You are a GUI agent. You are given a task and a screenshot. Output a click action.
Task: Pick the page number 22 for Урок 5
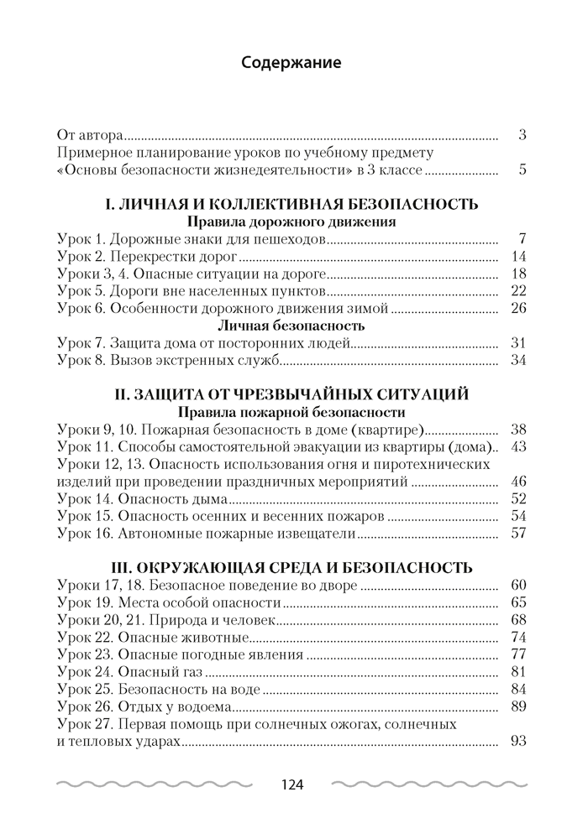[517, 291]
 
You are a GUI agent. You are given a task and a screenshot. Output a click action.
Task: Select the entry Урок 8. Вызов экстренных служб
[168, 361]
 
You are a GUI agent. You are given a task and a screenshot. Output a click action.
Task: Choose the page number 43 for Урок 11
[517, 446]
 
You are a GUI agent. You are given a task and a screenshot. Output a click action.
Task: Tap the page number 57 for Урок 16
[517, 532]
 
